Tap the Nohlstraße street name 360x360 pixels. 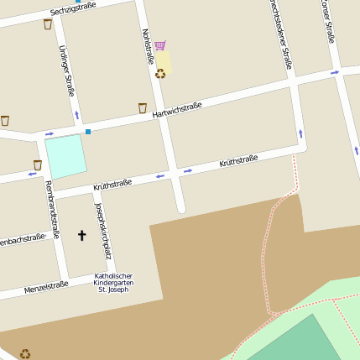tap(147, 46)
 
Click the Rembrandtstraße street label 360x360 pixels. tap(52, 209)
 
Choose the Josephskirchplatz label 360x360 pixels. tap(103, 231)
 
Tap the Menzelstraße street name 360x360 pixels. tap(46, 286)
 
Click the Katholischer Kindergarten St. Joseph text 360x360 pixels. tap(113, 282)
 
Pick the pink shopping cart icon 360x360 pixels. tap(159, 45)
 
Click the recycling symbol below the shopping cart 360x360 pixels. tap(160, 74)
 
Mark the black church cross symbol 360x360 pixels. tap(82, 235)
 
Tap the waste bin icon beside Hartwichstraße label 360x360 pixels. tap(143, 107)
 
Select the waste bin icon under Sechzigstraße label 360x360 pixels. tap(48, 24)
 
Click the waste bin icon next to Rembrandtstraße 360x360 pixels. tap(37, 164)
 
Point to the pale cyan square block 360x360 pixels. tap(65, 156)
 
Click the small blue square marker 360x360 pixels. tap(87, 131)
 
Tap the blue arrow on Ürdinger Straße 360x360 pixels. tap(77, 114)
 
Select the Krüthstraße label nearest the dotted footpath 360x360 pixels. tap(238, 160)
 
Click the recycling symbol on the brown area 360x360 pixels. tap(25, 353)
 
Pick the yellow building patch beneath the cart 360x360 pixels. tap(164, 61)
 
